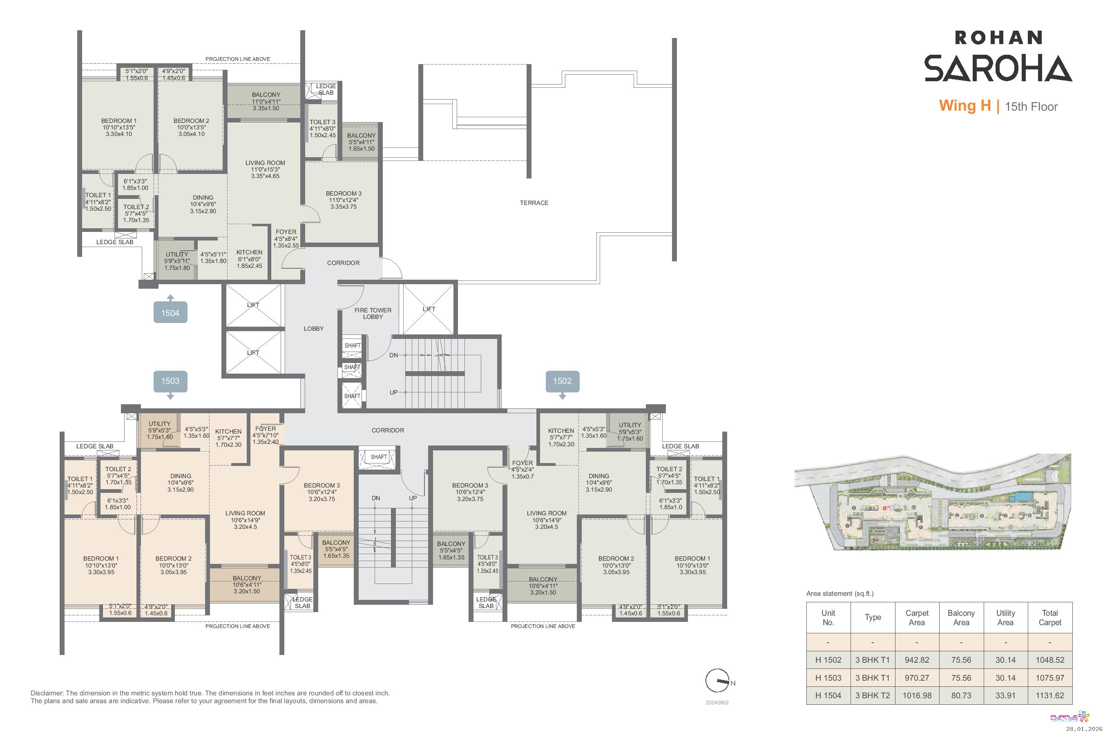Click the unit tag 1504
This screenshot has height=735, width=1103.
pyautogui.click(x=170, y=312)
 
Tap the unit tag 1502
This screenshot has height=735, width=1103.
pyautogui.click(x=562, y=381)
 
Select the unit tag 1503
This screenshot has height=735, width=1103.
pyautogui.click(x=170, y=381)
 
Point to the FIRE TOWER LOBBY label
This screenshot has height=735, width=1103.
pyautogui.click(x=373, y=314)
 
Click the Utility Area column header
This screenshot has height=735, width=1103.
pyautogui.click(x=1005, y=617)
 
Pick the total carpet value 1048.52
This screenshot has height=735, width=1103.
pyautogui.click(x=1050, y=659)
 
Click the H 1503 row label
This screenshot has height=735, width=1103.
pyautogui.click(x=828, y=678)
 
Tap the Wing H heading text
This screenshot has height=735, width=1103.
pyautogui.click(x=965, y=105)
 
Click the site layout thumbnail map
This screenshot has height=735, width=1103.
pyautogui.click(x=932, y=502)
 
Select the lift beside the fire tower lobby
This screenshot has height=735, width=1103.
pyautogui.click(x=429, y=309)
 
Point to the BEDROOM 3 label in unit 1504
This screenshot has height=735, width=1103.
pyautogui.click(x=344, y=200)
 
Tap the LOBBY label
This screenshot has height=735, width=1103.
pyautogui.click(x=314, y=329)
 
